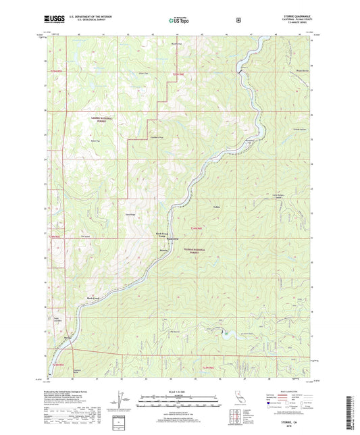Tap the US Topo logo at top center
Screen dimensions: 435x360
coord(179,21)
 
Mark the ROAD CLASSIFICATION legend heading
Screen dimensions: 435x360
coord(286,392)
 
